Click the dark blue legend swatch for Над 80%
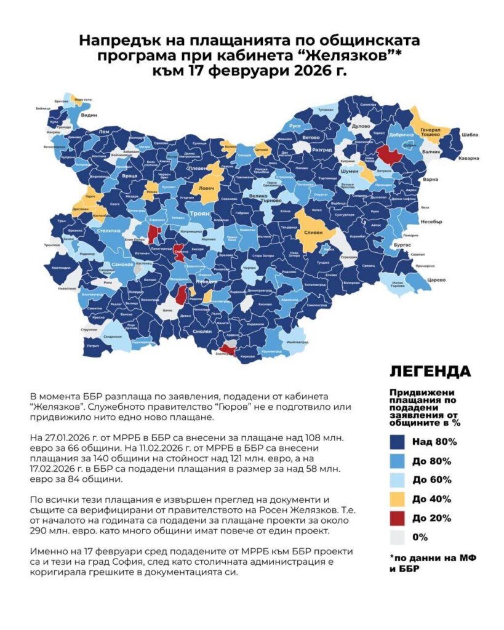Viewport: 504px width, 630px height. tap(399, 441)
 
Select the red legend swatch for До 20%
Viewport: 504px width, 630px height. tap(399, 518)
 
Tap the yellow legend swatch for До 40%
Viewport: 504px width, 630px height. tap(399, 499)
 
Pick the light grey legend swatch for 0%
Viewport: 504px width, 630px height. tap(399, 537)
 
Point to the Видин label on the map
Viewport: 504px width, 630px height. tap(90, 115)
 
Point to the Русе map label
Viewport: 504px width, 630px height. tap(295, 126)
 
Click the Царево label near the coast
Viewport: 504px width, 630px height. tap(422, 279)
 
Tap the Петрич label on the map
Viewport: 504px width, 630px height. tap(92, 346)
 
